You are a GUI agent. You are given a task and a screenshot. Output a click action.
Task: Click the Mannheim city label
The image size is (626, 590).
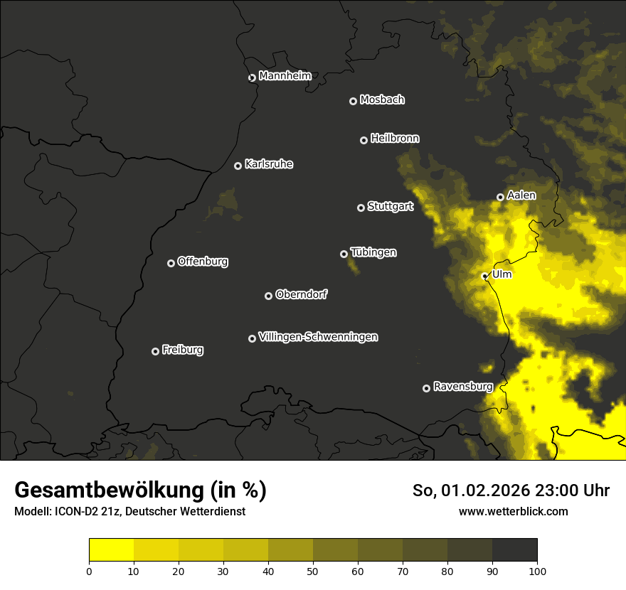click(x=285, y=76)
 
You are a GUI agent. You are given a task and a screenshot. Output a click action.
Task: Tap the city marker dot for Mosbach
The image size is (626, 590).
click(x=353, y=102)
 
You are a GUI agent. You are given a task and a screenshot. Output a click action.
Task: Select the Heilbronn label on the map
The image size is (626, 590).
click(x=395, y=139)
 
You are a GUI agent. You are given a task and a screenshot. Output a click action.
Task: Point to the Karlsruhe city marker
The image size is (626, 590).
click(x=238, y=166)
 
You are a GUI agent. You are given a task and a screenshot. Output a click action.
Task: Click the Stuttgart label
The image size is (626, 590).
click(x=390, y=207)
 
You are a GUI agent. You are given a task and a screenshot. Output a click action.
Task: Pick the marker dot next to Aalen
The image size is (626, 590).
click(x=500, y=197)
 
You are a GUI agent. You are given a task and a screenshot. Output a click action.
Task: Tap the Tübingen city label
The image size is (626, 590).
click(x=373, y=252)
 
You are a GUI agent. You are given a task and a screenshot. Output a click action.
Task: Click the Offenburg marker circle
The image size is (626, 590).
click(x=171, y=263)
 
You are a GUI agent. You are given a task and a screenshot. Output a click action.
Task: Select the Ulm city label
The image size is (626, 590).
click(x=502, y=274)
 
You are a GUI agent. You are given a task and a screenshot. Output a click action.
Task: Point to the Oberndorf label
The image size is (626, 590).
click(x=301, y=294)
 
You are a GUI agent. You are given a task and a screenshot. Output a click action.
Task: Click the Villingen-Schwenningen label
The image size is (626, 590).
click(x=318, y=337)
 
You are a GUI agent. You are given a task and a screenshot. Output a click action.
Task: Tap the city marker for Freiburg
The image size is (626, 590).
click(x=155, y=351)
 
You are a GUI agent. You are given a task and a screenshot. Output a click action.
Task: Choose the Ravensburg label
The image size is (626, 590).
click(x=462, y=387)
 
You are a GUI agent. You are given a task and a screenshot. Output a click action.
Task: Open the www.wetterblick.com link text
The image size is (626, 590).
click(x=513, y=511)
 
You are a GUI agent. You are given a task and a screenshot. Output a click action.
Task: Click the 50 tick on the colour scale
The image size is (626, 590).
click(x=313, y=570)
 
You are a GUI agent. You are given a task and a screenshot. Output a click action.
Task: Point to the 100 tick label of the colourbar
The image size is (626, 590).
click(x=537, y=570)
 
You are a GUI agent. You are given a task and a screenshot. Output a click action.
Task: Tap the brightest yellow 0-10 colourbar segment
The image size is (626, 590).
click(x=112, y=550)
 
